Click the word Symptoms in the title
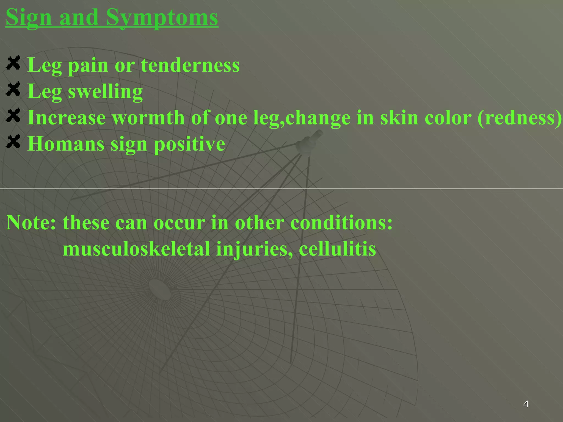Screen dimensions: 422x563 tap(162, 18)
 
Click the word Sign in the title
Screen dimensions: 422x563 tap(29, 18)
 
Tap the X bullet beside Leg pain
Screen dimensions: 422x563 tap(13, 63)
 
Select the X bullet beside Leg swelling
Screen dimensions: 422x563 tap(13, 89)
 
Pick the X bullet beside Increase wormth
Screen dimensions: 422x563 tap(13, 115)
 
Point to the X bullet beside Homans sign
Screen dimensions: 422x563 tap(13, 141)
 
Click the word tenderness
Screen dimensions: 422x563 tap(190, 65)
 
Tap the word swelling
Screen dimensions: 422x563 tap(105, 91)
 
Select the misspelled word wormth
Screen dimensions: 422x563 tap(148, 118)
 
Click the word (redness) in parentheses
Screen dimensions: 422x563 tap(520, 118)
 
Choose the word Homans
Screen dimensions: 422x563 tap(66, 144)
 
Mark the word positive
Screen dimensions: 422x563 tap(189, 144)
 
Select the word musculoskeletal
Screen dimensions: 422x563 tap(136, 249)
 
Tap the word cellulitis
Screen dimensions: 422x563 tap(337, 249)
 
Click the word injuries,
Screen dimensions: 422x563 tap(255, 249)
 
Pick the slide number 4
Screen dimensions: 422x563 tap(526, 404)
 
